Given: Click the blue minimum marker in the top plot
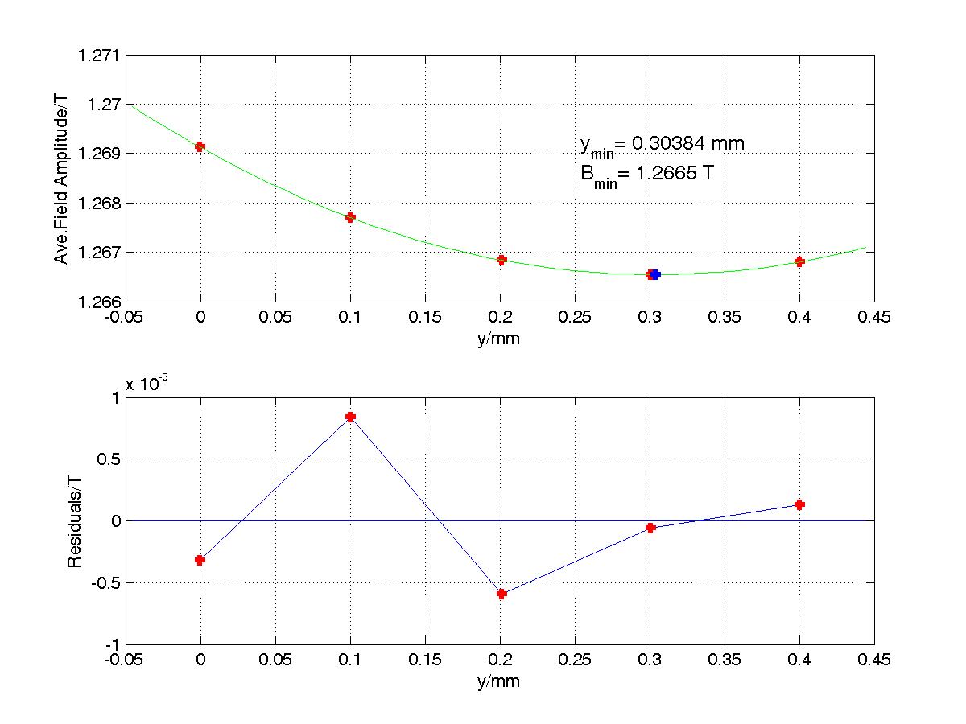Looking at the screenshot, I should [655, 274].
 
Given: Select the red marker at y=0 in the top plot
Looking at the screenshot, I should [200, 146].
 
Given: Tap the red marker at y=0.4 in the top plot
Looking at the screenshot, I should [799, 261].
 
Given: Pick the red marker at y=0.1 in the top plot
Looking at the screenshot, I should [350, 217].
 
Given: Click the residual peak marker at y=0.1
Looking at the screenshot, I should [350, 417].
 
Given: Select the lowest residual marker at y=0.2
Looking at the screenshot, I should [502, 594].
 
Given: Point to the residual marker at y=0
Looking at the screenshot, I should [200, 560].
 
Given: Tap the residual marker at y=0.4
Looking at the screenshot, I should [799, 504].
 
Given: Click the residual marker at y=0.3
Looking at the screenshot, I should [650, 528].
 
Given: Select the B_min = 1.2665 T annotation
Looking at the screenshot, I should [645, 175].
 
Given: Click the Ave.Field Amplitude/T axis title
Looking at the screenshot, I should [61, 178].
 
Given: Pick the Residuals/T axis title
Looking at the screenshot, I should [73, 520].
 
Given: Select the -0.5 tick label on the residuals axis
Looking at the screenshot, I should [103, 583].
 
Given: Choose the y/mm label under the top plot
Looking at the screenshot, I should [499, 339].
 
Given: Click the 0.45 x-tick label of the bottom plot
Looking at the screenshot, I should [874, 660].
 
